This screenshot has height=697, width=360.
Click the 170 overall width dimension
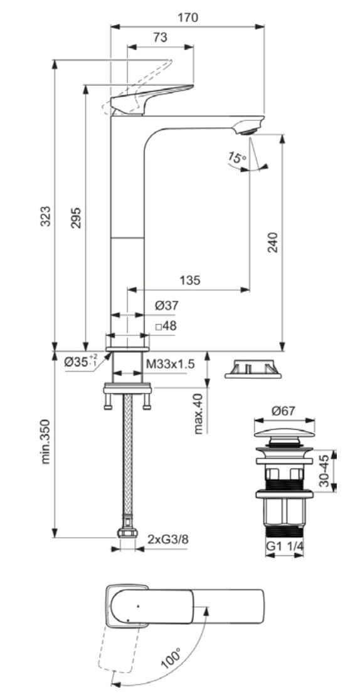(187, 18)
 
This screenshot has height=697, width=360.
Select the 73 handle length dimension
(160, 38)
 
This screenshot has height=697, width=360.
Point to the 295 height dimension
(75, 216)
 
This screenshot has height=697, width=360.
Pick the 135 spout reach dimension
(189, 280)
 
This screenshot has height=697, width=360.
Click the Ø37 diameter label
(166, 306)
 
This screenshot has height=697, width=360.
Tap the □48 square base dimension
(166, 326)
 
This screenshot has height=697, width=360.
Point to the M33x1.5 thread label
(171, 364)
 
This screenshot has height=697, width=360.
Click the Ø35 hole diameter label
(82, 361)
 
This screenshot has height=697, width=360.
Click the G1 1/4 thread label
(285, 546)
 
